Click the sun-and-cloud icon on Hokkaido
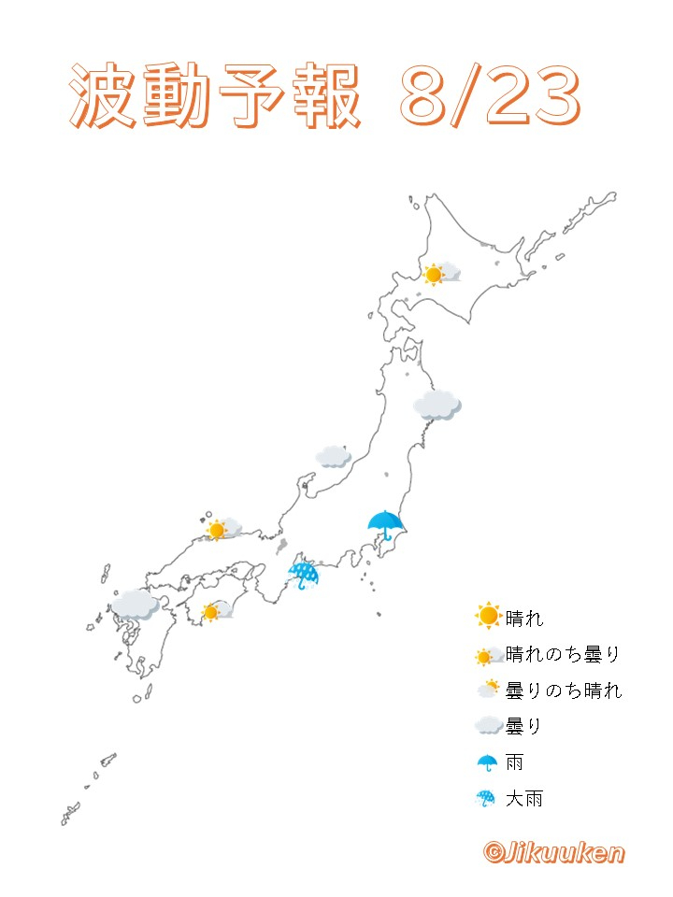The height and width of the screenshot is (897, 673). (439, 274)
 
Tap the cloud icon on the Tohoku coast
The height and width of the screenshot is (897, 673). (437, 405)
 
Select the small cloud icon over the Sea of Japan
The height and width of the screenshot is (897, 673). (333, 456)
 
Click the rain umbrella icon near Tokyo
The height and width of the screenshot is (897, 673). (385, 525)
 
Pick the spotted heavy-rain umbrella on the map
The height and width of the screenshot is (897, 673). (303, 575)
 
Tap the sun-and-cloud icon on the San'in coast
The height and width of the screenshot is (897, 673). (222, 530)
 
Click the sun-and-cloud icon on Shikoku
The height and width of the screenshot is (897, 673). (216, 612)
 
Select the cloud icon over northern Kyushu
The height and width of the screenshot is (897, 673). (136, 605)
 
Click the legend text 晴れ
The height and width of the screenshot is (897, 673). (523, 618)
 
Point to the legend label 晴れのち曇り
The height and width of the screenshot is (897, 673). (563, 654)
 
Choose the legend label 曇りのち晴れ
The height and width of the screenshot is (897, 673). (563, 691)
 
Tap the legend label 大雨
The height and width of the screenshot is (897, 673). (523, 799)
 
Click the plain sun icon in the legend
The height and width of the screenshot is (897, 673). (487, 617)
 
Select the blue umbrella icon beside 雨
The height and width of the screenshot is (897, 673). (487, 762)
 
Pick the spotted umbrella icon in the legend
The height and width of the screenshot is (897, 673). (487, 799)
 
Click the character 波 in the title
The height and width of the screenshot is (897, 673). (103, 97)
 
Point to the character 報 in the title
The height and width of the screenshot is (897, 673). (325, 97)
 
